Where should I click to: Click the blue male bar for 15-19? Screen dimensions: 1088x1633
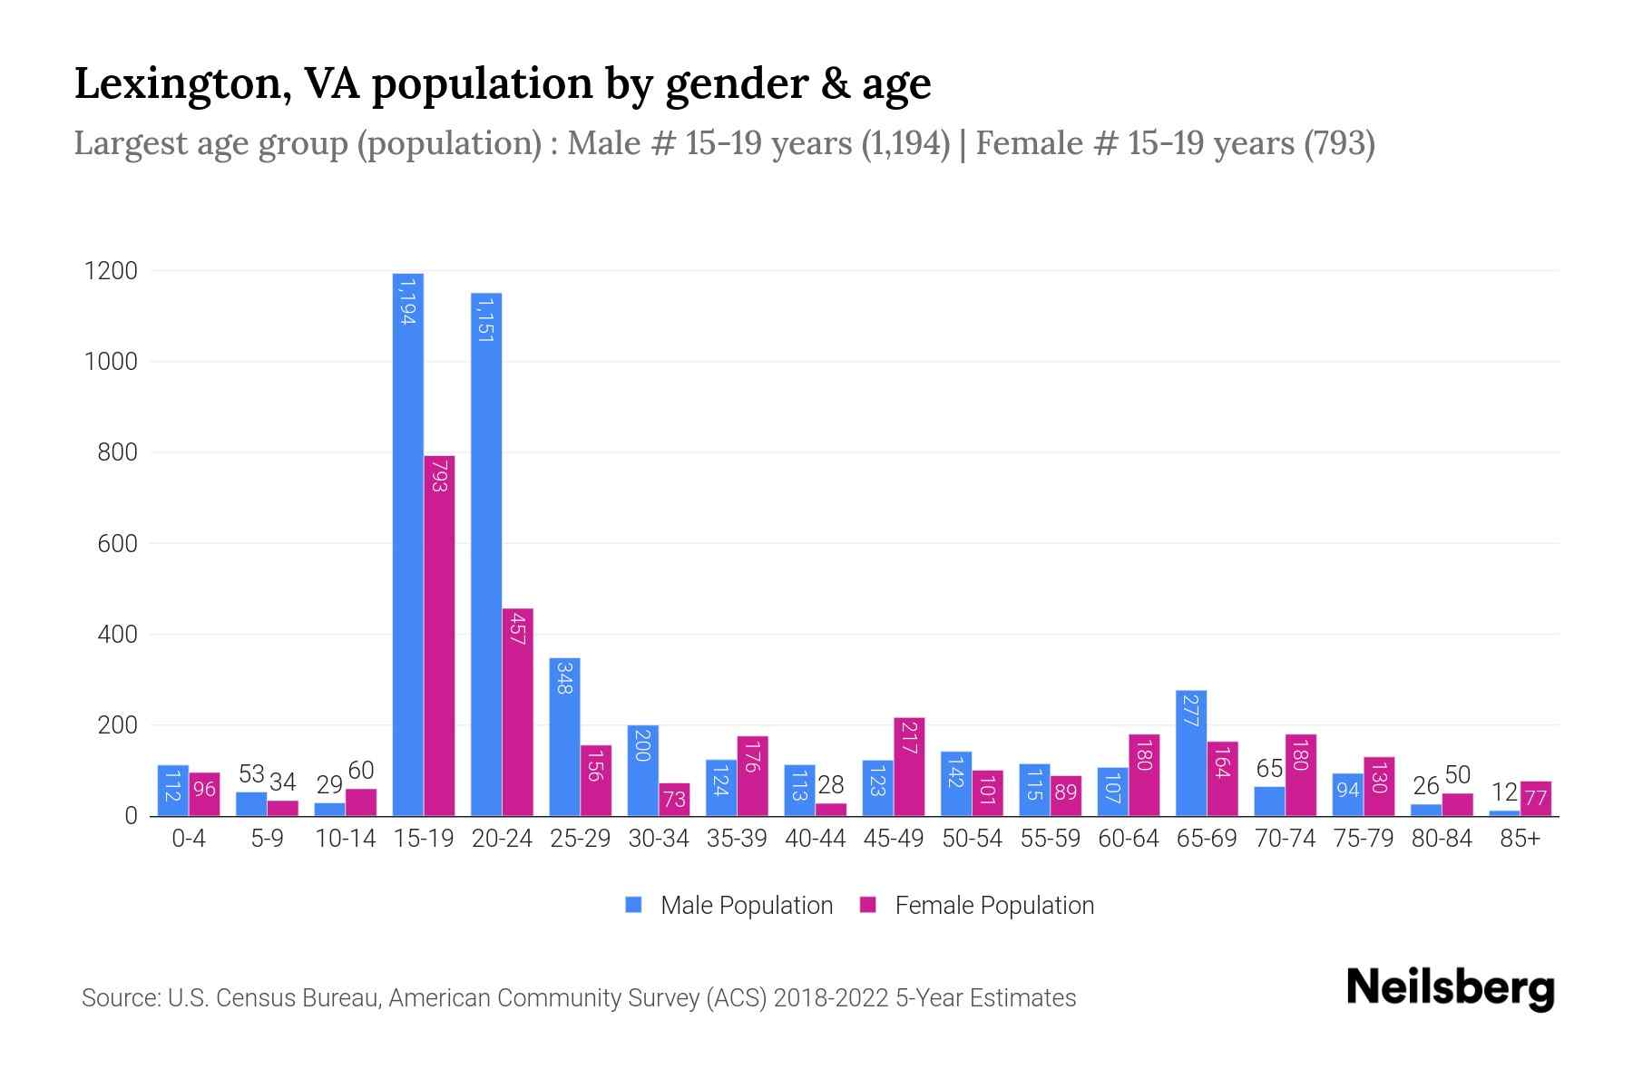coord(408,544)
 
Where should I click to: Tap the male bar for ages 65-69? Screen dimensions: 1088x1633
coord(1190,753)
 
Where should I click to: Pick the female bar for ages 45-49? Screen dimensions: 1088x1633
coord(909,766)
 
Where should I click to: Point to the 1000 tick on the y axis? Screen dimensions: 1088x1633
coord(111,362)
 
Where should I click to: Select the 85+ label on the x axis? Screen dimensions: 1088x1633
coord(1520,839)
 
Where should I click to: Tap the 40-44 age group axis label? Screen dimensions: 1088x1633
coord(815,839)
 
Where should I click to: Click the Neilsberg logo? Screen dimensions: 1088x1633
coord(1450,988)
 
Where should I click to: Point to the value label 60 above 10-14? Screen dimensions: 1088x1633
coord(361,771)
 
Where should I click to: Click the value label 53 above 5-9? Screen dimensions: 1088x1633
coord(251,774)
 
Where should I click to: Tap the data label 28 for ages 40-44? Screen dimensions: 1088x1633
coord(831,785)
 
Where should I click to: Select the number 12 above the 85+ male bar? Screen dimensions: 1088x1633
coord(1504,792)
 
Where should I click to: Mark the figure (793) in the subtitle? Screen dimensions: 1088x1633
coord(1339,143)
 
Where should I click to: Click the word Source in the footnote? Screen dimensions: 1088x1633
coord(119,998)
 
